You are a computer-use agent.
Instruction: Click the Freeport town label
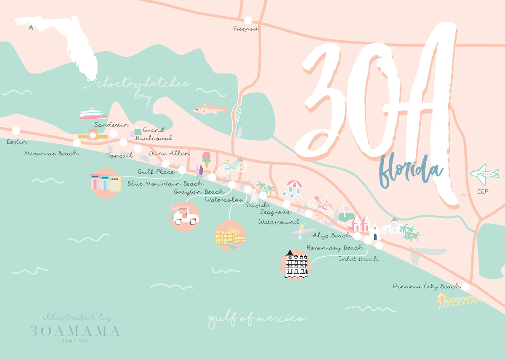(246, 29)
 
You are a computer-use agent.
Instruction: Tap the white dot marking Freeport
(248, 20)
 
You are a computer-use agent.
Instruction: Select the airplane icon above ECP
(485, 174)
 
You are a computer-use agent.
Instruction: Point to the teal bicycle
(233, 166)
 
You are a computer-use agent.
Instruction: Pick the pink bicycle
(321, 205)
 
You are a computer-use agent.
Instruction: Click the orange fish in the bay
(209, 110)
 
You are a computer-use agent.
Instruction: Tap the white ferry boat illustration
(93, 114)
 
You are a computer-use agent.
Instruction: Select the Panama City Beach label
(427, 286)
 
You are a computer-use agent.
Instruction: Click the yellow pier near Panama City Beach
(458, 300)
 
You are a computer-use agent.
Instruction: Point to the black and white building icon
(296, 265)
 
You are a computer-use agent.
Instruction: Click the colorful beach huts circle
(105, 183)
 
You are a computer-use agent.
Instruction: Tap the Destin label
(17, 142)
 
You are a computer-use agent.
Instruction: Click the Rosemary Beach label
(335, 248)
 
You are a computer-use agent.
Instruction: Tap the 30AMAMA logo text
(75, 331)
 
